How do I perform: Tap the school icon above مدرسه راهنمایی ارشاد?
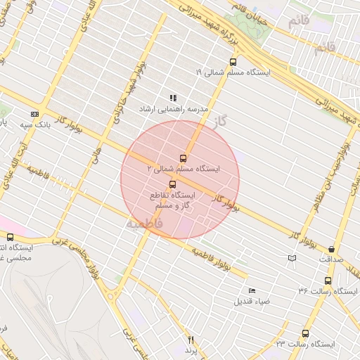(173, 98)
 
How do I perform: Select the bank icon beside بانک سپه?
(34, 115)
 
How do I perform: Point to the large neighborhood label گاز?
(222, 121)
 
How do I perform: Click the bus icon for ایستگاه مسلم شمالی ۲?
(183, 158)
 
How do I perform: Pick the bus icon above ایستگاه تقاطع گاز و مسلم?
(173, 184)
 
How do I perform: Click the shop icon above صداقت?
(330, 249)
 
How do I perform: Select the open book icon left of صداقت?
(292, 259)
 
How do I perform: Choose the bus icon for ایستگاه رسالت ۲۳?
(305, 334)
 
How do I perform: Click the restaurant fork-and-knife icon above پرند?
(190, 340)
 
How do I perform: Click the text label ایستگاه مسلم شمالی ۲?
(182, 169)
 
